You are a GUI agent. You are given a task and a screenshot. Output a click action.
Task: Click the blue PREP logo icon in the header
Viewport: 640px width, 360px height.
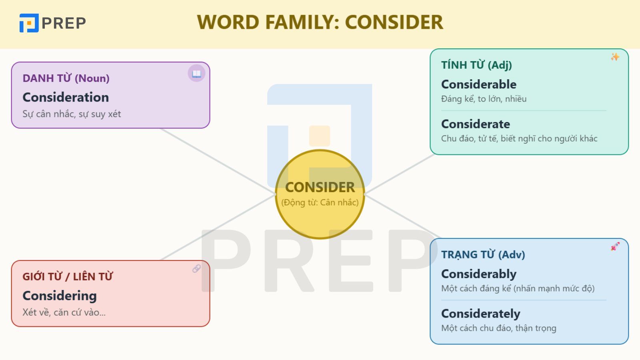[29, 23]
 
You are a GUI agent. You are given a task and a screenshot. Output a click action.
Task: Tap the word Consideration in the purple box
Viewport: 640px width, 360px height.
[66, 98]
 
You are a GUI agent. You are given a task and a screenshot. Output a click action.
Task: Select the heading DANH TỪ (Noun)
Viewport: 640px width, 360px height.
[66, 78]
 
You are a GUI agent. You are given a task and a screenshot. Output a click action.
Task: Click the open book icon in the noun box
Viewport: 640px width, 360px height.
[196, 74]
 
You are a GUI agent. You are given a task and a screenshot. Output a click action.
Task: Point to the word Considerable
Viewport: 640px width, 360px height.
[479, 84]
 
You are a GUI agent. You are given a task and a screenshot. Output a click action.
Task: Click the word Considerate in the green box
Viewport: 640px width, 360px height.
[476, 124]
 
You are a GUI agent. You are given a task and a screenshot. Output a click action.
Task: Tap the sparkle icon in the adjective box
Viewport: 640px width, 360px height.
[615, 57]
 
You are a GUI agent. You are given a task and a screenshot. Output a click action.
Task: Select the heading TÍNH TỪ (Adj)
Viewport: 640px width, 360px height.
[476, 65]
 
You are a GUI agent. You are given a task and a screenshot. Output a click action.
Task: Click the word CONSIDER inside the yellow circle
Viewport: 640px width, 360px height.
[320, 188]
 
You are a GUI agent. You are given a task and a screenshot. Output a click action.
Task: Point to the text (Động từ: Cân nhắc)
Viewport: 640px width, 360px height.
[320, 202]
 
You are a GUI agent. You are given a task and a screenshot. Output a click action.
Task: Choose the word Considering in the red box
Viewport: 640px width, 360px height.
[60, 296]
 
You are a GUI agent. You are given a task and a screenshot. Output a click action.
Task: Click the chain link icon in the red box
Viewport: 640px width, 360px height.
[196, 268]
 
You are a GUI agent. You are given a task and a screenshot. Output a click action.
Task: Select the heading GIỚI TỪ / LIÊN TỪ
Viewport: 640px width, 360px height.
[68, 276]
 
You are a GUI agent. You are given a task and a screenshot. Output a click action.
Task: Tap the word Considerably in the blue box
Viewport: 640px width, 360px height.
[479, 274]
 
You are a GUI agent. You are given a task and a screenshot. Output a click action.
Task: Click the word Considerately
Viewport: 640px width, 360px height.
[481, 314]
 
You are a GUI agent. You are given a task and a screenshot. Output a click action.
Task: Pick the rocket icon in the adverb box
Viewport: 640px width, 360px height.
[615, 246]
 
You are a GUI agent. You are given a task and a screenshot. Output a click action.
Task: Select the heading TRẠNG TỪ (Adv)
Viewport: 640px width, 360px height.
[483, 254]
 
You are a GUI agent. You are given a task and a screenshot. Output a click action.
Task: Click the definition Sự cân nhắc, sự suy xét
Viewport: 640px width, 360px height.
[72, 114]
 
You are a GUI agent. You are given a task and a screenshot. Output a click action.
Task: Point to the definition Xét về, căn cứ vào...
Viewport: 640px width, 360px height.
[64, 312]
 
